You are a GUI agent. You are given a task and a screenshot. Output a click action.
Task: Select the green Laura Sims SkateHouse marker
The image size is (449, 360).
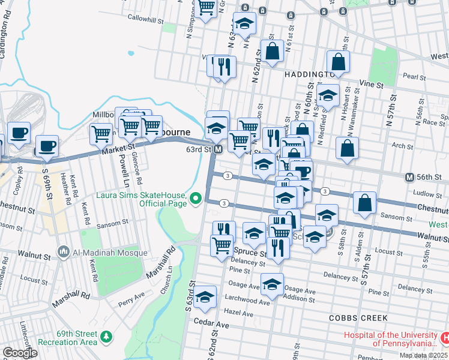196,197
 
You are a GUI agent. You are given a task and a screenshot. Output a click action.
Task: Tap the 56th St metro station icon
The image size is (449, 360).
409,177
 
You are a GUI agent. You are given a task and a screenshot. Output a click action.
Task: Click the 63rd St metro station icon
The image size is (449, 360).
219,149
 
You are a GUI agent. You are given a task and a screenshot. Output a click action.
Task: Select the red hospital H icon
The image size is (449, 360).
444,338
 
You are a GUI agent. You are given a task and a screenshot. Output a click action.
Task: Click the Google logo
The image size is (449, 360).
20,353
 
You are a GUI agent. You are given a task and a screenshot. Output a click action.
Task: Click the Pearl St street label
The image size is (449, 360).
414,77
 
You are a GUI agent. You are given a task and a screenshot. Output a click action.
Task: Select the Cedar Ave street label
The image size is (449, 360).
211,324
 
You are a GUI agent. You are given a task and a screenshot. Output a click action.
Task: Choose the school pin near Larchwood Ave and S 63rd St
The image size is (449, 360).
205,297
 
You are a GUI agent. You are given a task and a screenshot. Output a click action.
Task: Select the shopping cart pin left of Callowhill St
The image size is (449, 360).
206,8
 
